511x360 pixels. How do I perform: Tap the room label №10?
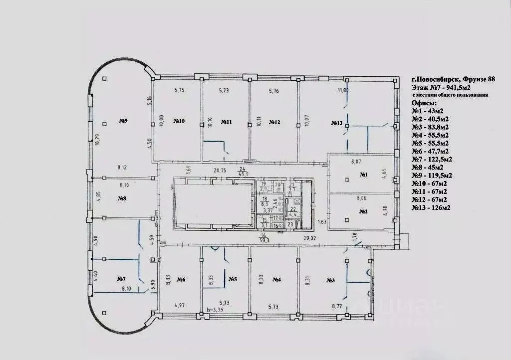[x=179, y=121]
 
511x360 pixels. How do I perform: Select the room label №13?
[x=337, y=123]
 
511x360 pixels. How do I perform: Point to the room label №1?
[x=364, y=174]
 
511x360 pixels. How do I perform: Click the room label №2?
[x=363, y=212]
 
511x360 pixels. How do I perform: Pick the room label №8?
[x=122, y=198]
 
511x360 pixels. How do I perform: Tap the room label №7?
[x=121, y=278]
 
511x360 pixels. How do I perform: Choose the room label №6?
[x=181, y=280]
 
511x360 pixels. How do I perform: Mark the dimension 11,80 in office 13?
[x=343, y=90]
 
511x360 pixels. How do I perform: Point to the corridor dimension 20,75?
[x=220, y=171]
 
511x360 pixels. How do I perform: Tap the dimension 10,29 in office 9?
[x=100, y=141]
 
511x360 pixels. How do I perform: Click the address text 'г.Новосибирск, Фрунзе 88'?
[x=453, y=79]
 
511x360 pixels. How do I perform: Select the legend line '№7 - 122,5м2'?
[x=432, y=159]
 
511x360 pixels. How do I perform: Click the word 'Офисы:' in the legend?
[x=424, y=103]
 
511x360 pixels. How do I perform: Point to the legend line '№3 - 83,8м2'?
[x=430, y=127]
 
